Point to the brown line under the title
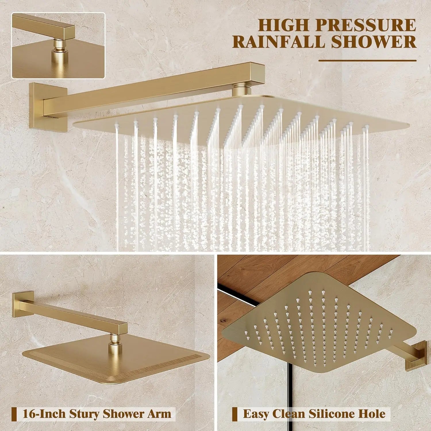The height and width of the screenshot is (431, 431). click(x=367, y=61)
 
